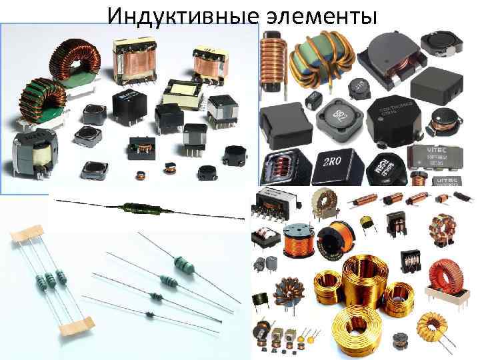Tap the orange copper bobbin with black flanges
(298, 240)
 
